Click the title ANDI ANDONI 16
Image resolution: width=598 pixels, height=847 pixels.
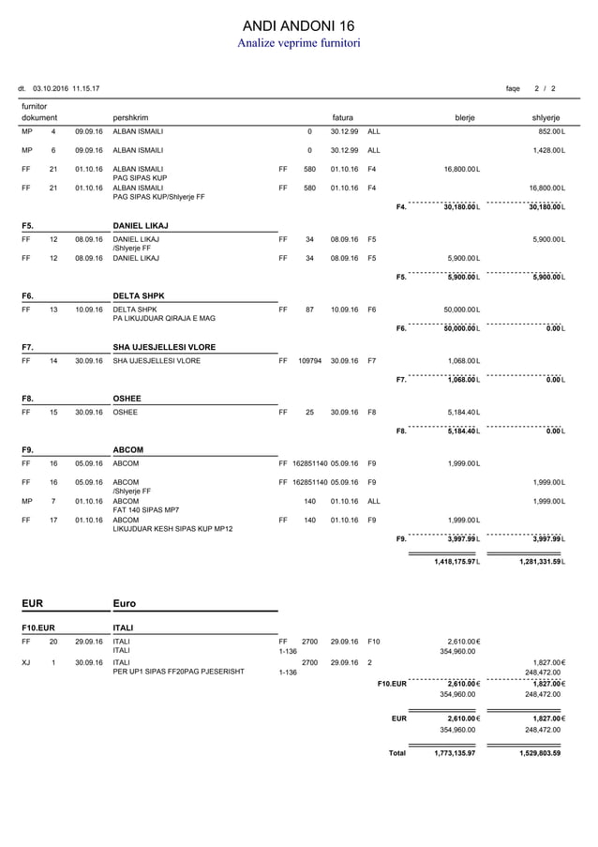(x=298, y=24)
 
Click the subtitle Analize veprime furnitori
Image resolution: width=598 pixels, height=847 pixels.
(x=298, y=43)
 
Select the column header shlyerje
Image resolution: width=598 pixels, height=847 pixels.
(x=546, y=118)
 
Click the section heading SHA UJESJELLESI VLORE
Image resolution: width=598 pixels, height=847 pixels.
(x=164, y=347)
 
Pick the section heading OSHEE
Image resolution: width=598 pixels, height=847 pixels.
(x=127, y=399)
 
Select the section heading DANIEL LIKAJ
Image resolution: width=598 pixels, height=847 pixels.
(x=142, y=226)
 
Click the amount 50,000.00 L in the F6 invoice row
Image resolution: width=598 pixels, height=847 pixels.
(x=462, y=309)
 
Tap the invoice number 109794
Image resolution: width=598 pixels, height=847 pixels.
(x=310, y=360)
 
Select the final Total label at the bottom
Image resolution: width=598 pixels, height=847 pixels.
(x=397, y=753)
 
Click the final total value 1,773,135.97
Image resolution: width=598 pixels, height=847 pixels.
(x=455, y=753)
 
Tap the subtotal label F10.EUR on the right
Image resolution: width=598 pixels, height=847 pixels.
(x=392, y=684)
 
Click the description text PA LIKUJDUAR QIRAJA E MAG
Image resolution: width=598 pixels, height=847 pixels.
(x=164, y=319)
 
